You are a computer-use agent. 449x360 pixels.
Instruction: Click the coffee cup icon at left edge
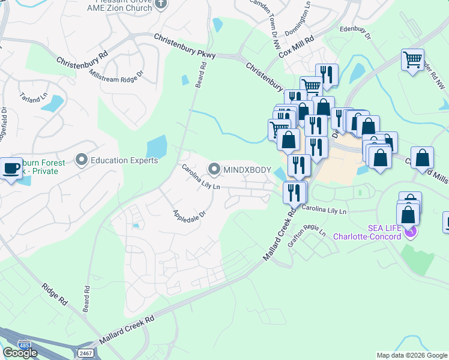point(10,167)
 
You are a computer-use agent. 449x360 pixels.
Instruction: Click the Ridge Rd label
point(55,295)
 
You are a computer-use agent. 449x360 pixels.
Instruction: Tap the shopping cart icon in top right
point(412,60)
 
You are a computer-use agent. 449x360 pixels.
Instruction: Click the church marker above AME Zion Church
point(160,5)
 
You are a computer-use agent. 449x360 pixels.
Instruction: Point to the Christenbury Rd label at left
point(82,58)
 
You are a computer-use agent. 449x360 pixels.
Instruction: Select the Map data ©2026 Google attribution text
point(412,355)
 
